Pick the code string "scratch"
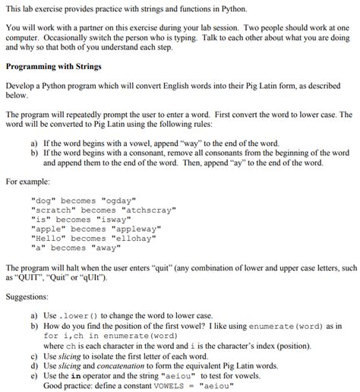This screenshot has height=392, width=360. (55, 210)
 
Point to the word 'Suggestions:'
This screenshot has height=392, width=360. (27, 296)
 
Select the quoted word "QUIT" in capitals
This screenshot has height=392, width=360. (36, 277)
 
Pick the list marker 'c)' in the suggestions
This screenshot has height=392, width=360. (34, 356)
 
